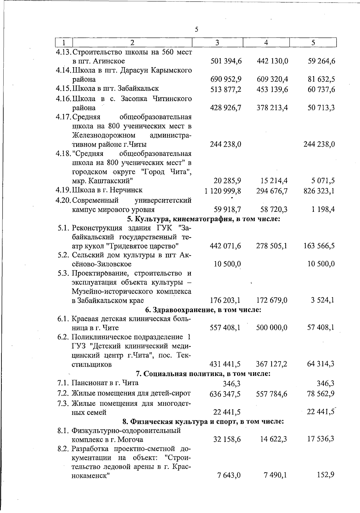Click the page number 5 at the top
tap(196, 29)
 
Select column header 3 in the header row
tap(217, 43)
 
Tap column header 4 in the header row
tap(266, 43)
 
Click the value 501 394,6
tap(226, 61)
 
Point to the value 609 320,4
tap(272, 79)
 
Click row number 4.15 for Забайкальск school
tap(63, 88)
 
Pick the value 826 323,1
tap(319, 191)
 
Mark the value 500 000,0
tap(272, 328)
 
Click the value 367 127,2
tap(272, 364)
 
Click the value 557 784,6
tap(272, 394)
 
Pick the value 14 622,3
tap(272, 439)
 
